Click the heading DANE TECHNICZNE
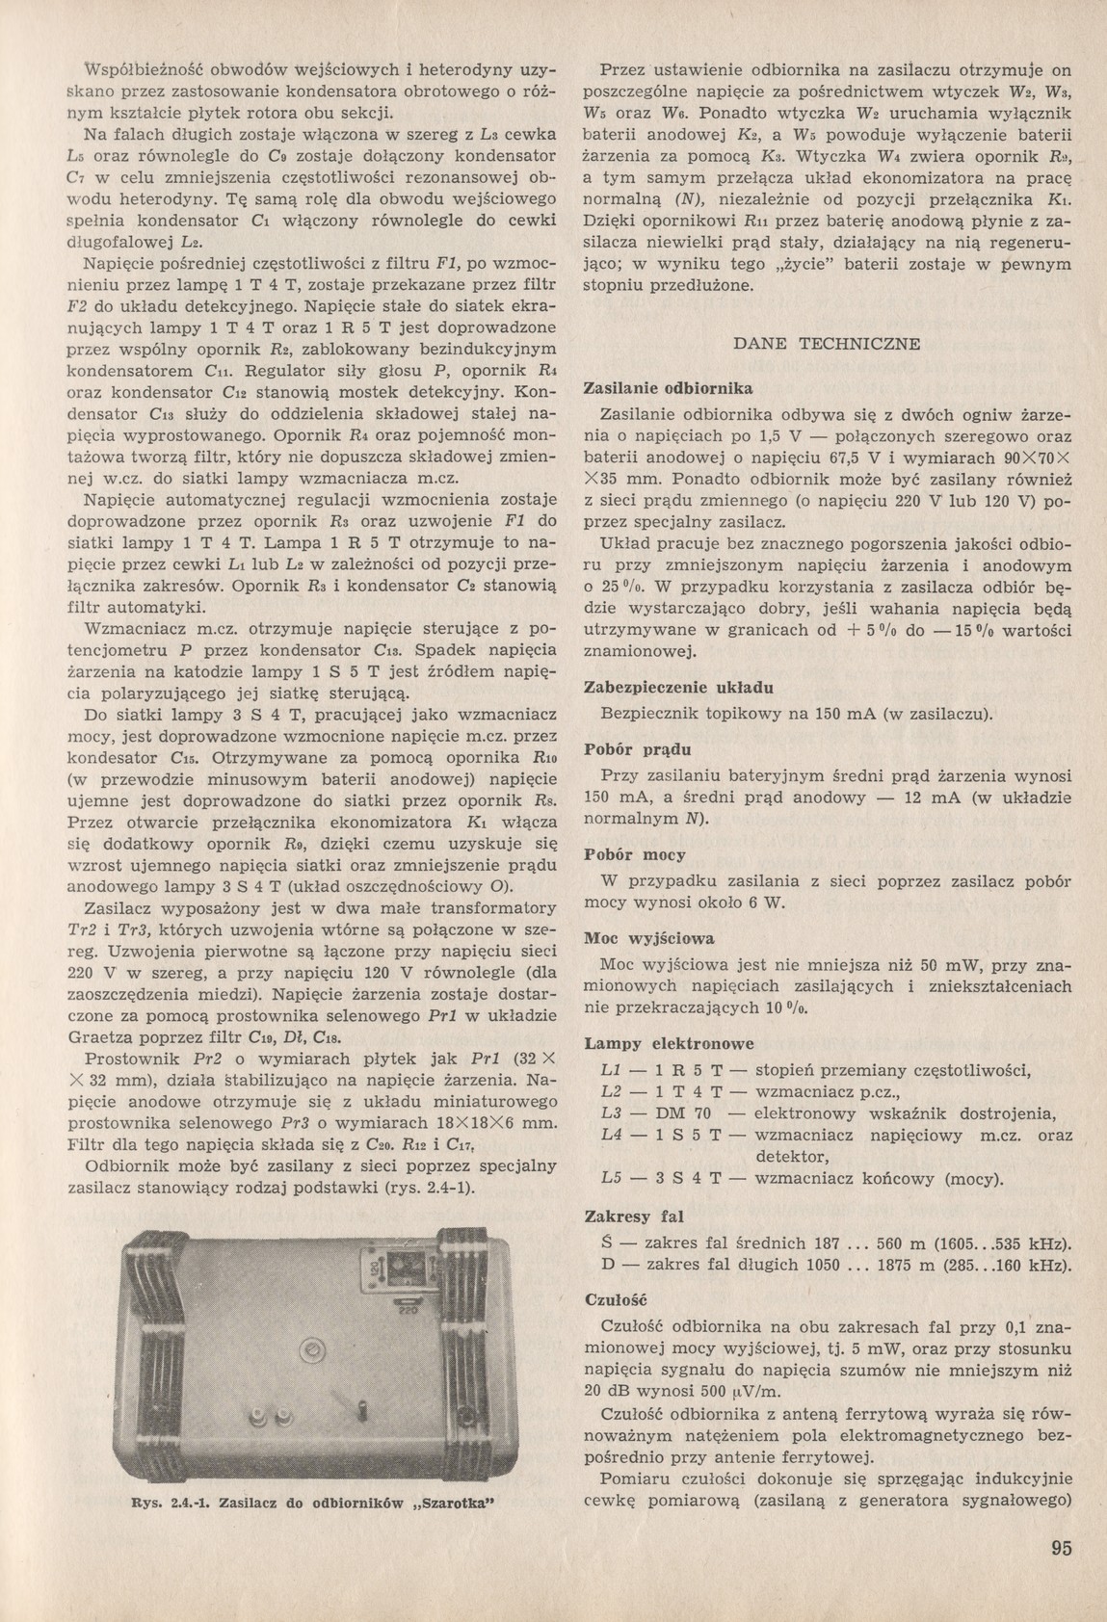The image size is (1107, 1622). tap(827, 344)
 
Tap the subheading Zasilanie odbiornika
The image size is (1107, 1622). tap(668, 388)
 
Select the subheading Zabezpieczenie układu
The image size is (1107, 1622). tap(678, 688)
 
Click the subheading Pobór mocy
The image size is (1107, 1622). tap(632, 854)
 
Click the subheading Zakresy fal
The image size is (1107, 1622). tap(634, 1216)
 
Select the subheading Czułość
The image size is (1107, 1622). tap(616, 1299)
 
